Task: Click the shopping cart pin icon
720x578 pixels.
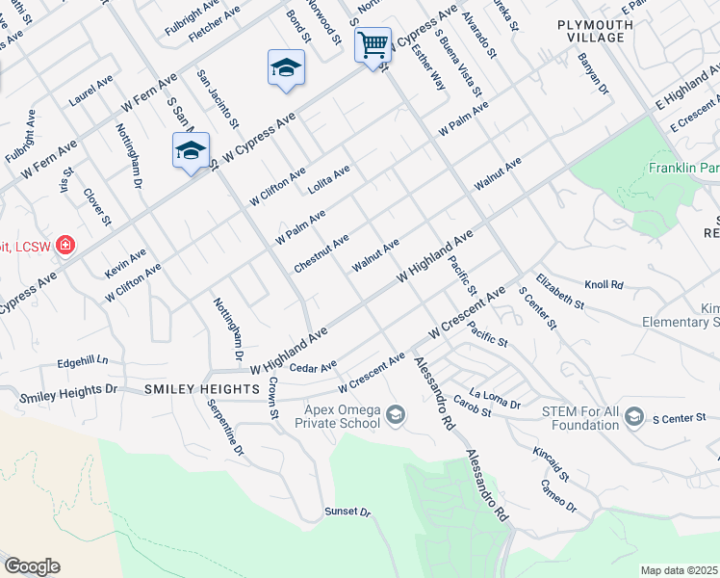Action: [x=373, y=44]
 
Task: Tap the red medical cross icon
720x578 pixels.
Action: [x=65, y=246]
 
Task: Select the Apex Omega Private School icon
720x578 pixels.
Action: [x=395, y=415]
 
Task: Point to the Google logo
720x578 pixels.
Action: [x=32, y=566]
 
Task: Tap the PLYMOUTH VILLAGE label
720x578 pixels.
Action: [x=595, y=31]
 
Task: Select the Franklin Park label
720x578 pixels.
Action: [x=682, y=169]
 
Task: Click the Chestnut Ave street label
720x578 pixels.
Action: [x=321, y=252]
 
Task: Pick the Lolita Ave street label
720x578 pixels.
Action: [x=328, y=180]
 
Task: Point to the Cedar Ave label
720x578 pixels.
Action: [x=313, y=367]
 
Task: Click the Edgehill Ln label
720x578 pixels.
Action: [x=83, y=362]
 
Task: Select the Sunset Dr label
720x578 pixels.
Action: [x=347, y=512]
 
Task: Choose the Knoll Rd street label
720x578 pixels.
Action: [x=604, y=285]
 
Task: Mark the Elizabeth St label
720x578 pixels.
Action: [x=560, y=289]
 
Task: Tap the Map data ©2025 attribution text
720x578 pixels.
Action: [x=680, y=570]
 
